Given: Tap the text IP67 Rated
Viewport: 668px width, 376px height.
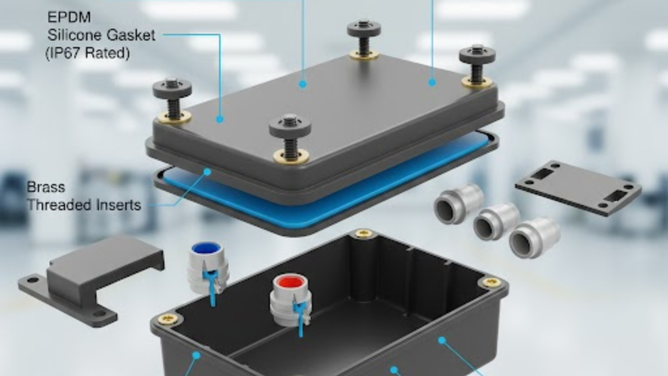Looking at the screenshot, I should point(87,54).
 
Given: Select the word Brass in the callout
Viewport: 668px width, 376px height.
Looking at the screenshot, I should point(46,187).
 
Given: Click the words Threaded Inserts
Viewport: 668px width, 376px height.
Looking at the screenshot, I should point(83,205).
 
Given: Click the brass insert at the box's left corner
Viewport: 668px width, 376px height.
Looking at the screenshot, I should point(169,319).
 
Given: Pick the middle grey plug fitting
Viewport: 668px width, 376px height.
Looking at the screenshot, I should point(496,221).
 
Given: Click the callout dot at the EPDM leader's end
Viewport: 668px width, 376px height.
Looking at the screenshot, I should point(220,119).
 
